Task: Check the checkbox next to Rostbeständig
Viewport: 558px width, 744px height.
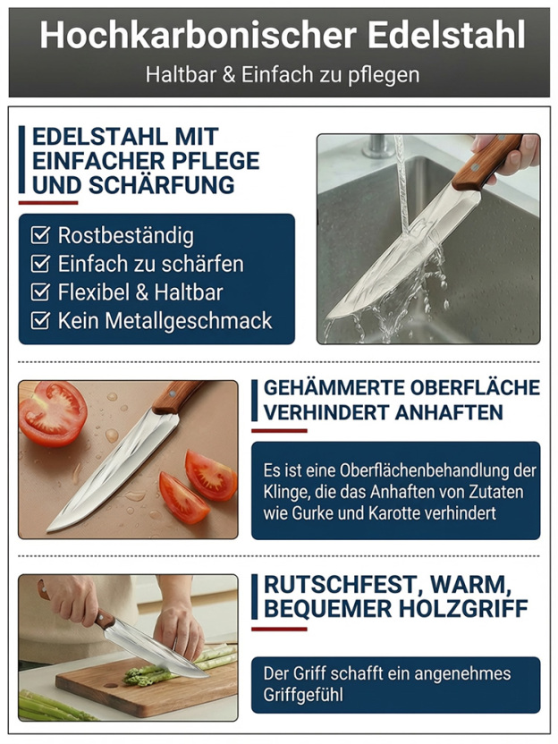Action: (39, 236)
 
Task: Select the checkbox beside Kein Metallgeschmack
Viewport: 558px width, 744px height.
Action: (39, 321)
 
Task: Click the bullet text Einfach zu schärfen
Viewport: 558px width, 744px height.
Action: (150, 265)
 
